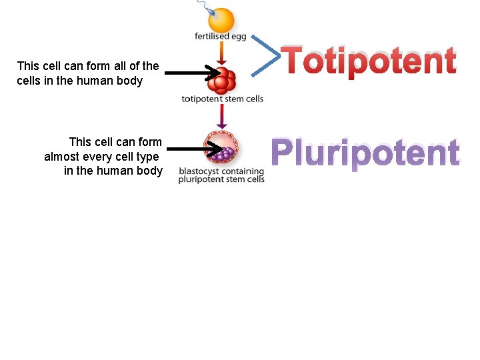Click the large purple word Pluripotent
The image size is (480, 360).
(x=365, y=153)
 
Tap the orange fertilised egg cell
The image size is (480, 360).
(x=221, y=20)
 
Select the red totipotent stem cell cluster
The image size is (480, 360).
(x=223, y=81)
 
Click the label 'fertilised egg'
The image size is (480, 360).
(x=221, y=36)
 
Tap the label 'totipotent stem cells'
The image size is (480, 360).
(x=222, y=99)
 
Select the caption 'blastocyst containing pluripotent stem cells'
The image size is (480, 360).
(x=221, y=175)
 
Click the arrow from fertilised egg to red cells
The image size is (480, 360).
(x=222, y=52)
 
